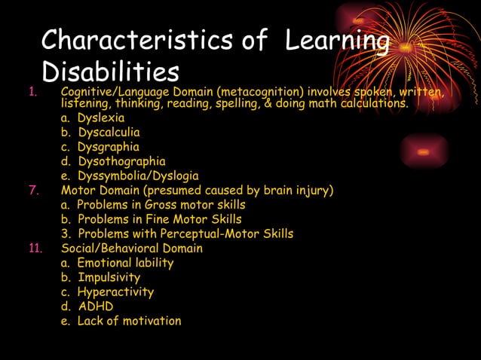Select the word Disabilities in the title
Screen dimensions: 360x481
pyautogui.click(x=110, y=72)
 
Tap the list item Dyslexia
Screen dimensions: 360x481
pyautogui.click(x=100, y=118)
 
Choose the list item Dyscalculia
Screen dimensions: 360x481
pyautogui.click(x=108, y=133)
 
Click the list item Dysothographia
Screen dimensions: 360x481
pyautogui.click(x=121, y=161)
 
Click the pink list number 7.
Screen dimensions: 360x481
pyautogui.click(x=33, y=190)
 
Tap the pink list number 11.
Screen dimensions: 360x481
pyautogui.click(x=36, y=248)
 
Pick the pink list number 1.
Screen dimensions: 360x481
pyautogui.click(x=32, y=93)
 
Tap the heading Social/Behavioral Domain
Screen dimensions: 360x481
pyautogui.click(x=132, y=248)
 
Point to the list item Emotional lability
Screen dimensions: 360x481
pyautogui.click(x=125, y=263)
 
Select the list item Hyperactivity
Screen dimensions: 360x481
pyautogui.click(x=115, y=291)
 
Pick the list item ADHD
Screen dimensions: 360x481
pyautogui.click(x=96, y=307)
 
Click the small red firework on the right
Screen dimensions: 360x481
pyautogui.click(x=423, y=151)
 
